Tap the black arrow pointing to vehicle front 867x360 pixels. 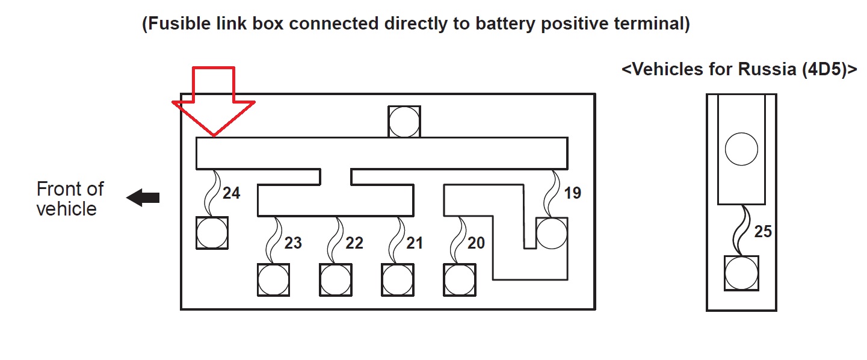pos(143,197)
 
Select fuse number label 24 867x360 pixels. pos(232,193)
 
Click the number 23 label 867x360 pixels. pos(293,243)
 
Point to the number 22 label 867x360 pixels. pos(354,243)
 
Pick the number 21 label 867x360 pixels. pos(415,243)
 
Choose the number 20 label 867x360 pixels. pos(476,243)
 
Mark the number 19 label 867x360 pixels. pos(573,194)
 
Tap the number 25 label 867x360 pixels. pos(763,231)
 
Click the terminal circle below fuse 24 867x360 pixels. pos(212,233)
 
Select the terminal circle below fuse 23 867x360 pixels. pos(274,280)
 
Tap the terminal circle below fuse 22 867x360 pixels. pos(336,280)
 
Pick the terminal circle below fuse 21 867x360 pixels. pos(398,280)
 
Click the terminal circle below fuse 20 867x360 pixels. pos(460,280)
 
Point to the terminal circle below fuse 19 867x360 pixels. pos(552,234)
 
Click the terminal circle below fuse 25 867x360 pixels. pos(741,273)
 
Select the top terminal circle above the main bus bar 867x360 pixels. pos(404,122)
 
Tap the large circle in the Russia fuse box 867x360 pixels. pos(741,149)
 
